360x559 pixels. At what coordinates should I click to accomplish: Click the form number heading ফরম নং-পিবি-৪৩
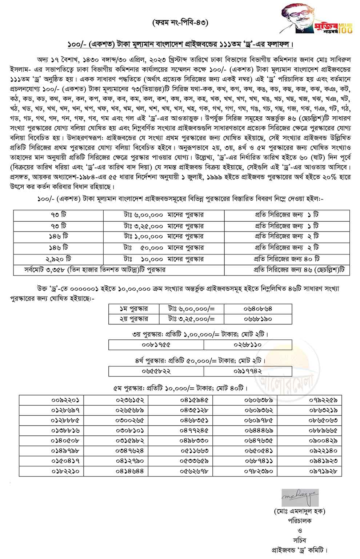point(180,23)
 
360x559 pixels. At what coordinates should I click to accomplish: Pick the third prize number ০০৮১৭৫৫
point(156,344)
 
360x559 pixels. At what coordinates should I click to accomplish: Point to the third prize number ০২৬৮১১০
point(248,344)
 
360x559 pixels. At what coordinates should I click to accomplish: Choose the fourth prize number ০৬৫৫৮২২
point(156,371)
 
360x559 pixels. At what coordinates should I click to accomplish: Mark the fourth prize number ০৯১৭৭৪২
point(248,371)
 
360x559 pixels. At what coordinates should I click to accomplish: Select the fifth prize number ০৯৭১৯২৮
point(323,471)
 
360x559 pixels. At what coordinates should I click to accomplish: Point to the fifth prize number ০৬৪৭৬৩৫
point(259,441)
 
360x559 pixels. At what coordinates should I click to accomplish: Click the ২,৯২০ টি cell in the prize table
point(59,259)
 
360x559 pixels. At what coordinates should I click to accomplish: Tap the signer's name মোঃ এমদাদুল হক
point(300,511)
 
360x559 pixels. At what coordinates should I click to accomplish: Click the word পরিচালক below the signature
point(300,520)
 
